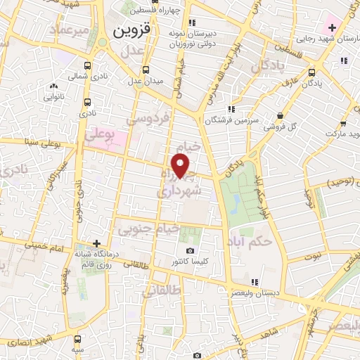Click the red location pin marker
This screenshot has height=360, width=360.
[x=181, y=166]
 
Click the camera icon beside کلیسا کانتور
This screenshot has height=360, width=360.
[x=189, y=251]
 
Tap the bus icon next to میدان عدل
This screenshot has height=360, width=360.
[x=146, y=70]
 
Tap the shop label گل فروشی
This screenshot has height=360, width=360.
[x=281, y=127]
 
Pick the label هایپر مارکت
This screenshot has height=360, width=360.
[x=342, y=132]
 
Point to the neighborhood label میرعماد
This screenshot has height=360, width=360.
[x=70, y=30]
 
